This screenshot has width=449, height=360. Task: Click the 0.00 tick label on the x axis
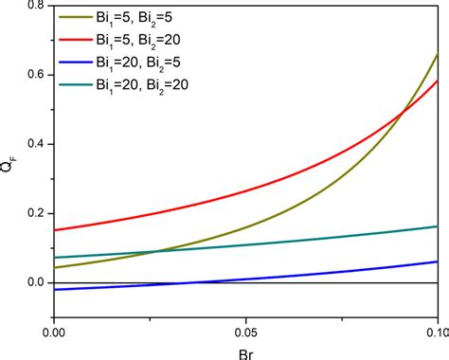[55, 333]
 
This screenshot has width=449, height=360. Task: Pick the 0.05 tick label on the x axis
[246, 333]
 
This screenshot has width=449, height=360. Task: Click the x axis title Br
[245, 352]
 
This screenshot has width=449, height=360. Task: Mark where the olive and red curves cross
[404, 114]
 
